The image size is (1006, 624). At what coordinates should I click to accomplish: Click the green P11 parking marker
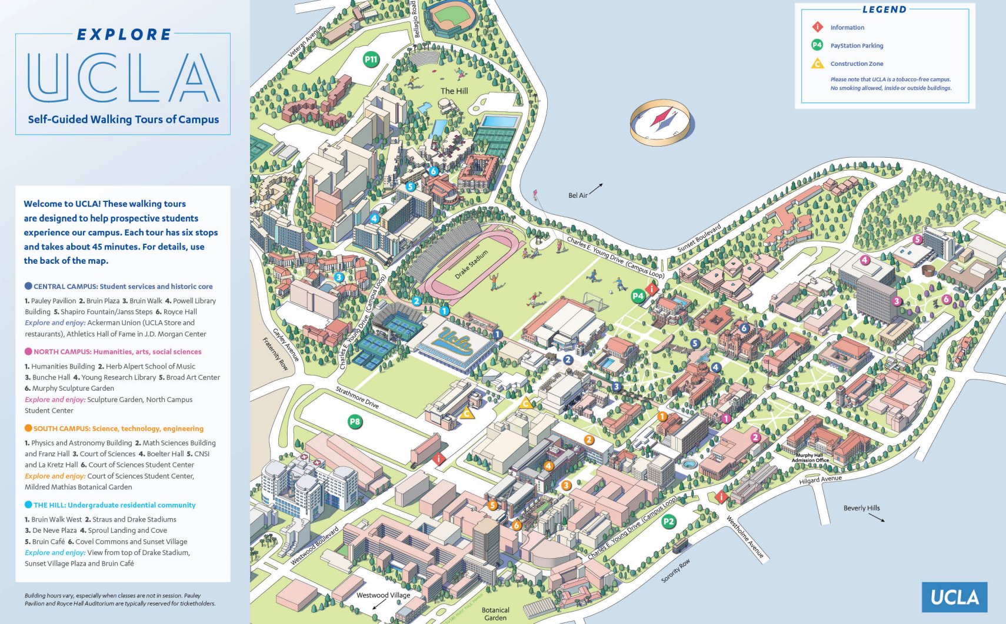click(x=371, y=59)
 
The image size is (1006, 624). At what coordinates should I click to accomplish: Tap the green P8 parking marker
click(x=355, y=421)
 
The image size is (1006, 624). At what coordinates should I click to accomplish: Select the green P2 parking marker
click(x=668, y=522)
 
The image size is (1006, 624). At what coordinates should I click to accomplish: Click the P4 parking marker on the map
click(x=638, y=296)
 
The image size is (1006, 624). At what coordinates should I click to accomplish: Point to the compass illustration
click(x=662, y=122)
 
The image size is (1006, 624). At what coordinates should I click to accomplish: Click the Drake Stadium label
click(x=471, y=264)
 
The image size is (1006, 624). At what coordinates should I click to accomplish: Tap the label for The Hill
click(x=454, y=91)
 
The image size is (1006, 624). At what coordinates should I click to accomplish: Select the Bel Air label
click(x=578, y=195)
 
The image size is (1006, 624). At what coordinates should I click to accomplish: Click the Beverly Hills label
click(x=861, y=508)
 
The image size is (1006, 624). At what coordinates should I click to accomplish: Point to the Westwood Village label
click(x=383, y=595)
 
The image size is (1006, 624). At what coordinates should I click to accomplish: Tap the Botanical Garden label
click(x=495, y=614)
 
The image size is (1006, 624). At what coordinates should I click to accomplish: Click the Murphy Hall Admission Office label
click(x=810, y=457)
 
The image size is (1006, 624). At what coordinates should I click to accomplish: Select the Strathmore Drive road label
click(x=357, y=397)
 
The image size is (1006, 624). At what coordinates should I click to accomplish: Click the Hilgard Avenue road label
click(x=820, y=480)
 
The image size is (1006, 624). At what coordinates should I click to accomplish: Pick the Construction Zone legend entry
click(x=856, y=64)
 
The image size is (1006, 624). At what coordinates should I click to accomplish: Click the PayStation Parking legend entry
click(x=856, y=45)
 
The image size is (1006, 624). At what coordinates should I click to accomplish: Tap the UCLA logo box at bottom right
click(x=954, y=597)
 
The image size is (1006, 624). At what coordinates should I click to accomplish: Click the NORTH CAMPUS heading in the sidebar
click(x=116, y=351)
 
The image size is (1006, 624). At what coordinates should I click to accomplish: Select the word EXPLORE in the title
click(x=124, y=35)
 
